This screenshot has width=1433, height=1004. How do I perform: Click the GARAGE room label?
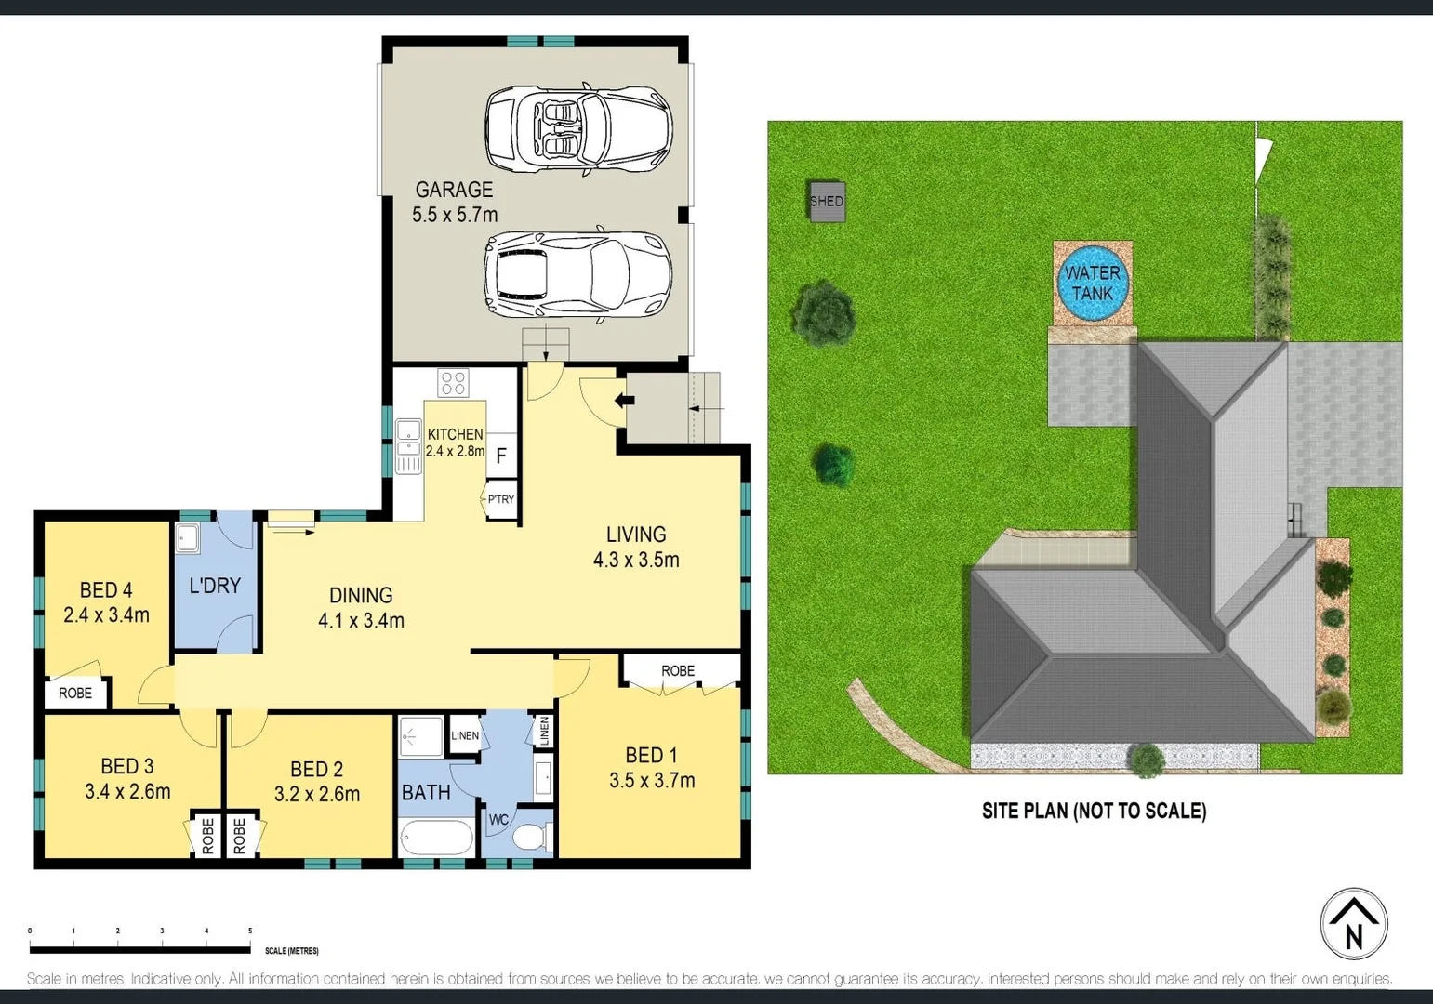click(x=454, y=190)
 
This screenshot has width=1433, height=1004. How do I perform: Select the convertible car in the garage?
click(x=577, y=129)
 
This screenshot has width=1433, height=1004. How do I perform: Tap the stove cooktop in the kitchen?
click(x=453, y=381)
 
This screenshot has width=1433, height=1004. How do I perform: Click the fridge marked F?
click(x=501, y=456)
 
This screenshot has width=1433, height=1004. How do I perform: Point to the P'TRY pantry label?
click(x=500, y=499)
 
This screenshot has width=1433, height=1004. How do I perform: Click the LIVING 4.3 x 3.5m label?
click(x=636, y=547)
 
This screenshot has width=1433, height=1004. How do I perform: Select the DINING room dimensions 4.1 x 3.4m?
click(x=361, y=620)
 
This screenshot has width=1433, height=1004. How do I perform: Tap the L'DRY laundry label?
click(x=215, y=586)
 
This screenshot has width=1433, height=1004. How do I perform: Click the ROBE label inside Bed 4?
click(x=75, y=693)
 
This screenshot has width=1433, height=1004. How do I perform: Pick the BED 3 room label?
click(x=127, y=766)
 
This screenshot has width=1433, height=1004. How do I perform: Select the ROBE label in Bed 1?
click(x=678, y=670)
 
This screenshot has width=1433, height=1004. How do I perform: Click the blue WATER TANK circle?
click(x=1092, y=283)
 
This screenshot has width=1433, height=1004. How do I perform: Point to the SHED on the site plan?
click(x=827, y=201)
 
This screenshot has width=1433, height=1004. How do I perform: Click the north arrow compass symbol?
click(x=1354, y=924)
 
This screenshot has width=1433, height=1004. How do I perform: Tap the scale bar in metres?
click(x=139, y=949)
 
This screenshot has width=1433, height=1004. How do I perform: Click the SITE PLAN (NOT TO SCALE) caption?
click(x=1094, y=811)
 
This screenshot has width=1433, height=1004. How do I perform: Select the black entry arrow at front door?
click(x=624, y=401)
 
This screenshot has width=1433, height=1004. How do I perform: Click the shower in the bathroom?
click(x=421, y=737)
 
